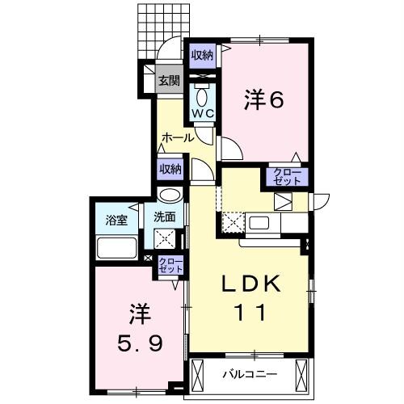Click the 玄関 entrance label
coord(169,80)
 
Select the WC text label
coord(201,113)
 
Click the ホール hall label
coord(178,137)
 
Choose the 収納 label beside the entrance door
coord(202,55)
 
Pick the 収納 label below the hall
coord(170,168)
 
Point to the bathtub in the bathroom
coord(116,247)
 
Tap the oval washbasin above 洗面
coord(169,195)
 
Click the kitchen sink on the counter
coord(262,223)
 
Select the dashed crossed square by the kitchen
coord(231,221)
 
